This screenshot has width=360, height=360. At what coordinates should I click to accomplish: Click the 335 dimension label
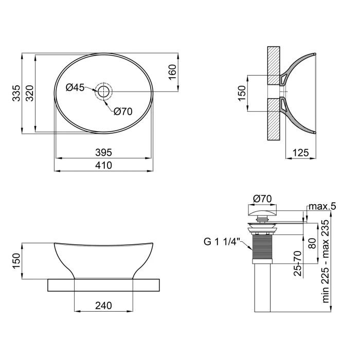tap(16, 93)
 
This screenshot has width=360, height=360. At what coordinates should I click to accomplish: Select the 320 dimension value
tap(30, 93)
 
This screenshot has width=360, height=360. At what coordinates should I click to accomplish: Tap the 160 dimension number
tap(172, 73)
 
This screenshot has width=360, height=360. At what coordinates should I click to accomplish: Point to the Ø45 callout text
tap(75, 87)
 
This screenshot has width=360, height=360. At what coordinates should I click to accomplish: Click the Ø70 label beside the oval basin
tap(123, 112)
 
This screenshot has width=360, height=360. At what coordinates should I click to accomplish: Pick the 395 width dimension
tap(103, 152)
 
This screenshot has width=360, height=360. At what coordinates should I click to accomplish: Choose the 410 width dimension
tap(103, 165)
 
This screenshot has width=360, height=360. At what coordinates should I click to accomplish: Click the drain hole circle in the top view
tap(103, 92)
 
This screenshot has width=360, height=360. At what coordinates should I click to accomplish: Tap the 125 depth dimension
tap(301, 153)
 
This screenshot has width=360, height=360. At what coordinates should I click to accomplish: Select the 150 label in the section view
tap(242, 93)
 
